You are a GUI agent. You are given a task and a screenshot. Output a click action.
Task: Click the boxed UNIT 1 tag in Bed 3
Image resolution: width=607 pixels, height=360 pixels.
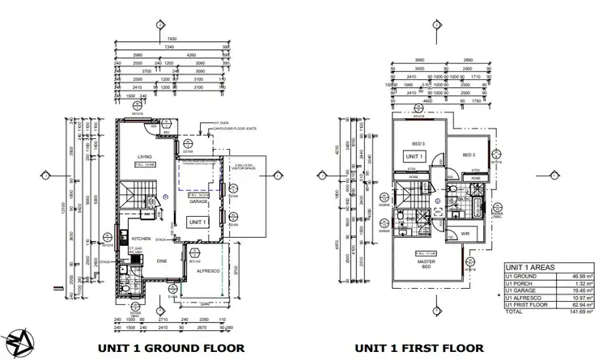click(x=414, y=156)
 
